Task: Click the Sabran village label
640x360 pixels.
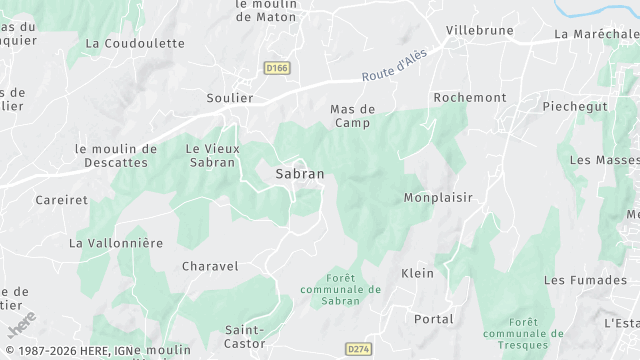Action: point(299,174)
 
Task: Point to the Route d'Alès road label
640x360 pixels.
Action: point(394,66)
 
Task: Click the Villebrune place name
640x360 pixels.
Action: point(479,30)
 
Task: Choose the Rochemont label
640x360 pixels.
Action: point(469,97)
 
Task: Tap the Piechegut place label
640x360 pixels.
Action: point(575,105)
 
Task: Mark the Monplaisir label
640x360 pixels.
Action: point(437,198)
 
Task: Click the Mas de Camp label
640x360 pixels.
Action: point(351,116)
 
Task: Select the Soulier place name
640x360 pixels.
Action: point(229,98)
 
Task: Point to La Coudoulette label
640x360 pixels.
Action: point(135,43)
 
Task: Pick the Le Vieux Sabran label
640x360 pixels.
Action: point(211,155)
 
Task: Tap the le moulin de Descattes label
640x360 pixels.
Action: point(116,155)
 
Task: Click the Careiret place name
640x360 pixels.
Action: point(61,200)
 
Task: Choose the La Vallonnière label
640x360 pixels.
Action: point(115,243)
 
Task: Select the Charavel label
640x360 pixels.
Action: point(210,267)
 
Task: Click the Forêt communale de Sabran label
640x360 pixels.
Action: point(340,289)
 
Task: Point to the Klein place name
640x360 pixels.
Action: point(417,273)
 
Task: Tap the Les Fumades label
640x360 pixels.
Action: point(584,280)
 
